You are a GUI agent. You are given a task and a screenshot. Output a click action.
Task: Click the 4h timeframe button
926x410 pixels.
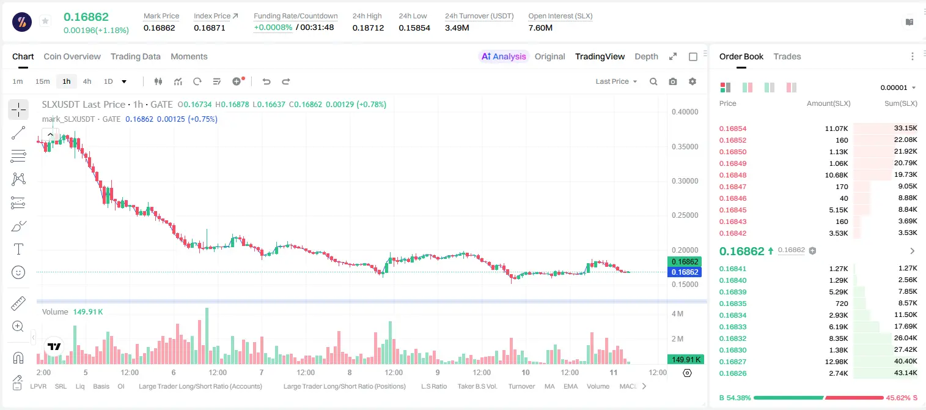coord(87,81)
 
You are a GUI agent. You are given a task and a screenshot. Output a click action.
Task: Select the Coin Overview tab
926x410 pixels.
coord(72,56)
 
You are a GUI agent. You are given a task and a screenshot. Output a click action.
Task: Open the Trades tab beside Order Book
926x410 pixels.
coord(787,56)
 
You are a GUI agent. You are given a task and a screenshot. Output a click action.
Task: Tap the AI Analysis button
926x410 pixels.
coord(504,56)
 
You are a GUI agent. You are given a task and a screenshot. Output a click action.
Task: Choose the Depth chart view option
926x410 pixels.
coord(646,56)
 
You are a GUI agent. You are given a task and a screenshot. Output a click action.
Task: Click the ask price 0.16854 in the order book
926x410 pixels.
coord(732,129)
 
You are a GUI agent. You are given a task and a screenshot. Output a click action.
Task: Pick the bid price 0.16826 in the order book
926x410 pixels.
coord(732,373)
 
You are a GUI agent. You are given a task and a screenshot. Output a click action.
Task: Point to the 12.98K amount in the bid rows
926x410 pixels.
coord(836,362)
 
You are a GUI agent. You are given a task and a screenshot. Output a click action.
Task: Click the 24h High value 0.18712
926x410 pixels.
coord(368,28)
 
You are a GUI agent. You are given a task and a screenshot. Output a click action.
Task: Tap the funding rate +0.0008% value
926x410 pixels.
coord(273,28)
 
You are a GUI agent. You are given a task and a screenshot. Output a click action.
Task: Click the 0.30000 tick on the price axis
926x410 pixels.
coord(685,181)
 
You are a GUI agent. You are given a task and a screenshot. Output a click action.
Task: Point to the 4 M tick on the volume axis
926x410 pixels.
coord(677,313)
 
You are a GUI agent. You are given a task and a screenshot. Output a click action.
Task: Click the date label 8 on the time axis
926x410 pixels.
coord(350,372)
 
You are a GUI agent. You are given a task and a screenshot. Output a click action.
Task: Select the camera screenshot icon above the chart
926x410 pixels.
coord(672,81)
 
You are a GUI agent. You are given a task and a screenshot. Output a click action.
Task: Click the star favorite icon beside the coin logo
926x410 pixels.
coord(45,21)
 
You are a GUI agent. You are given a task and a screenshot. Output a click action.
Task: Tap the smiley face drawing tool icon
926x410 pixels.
coord(18,272)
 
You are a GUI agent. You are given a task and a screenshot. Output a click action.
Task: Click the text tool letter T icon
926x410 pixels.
coord(18,249)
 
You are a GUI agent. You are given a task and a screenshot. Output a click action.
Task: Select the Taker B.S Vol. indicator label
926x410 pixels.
coord(477,386)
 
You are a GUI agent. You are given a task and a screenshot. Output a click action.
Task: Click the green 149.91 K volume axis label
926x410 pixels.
coord(685,360)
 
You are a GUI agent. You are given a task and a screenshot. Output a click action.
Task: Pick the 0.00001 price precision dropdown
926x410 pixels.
coord(898,88)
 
